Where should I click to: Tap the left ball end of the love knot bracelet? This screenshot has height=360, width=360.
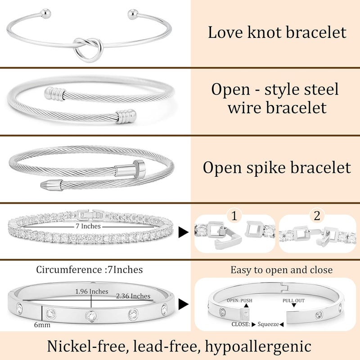point(45,13)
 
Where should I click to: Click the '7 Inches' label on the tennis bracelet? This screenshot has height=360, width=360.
point(88,226)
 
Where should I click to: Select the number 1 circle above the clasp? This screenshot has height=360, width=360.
point(234,216)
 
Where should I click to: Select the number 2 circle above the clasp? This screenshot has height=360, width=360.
point(317,216)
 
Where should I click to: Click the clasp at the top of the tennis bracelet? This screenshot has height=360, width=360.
point(91,215)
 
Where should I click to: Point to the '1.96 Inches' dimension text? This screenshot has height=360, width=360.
point(92,291)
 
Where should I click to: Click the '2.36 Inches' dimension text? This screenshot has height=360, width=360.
point(133,296)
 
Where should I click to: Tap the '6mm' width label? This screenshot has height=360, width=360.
point(42,325)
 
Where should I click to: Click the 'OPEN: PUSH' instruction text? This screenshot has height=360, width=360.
point(239,301)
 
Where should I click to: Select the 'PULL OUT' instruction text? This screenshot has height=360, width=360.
point(293,301)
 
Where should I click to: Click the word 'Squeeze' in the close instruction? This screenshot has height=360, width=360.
point(268,324)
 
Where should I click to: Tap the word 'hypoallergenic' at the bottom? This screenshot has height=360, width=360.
point(258,346)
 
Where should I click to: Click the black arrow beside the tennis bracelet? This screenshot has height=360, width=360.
point(184,232)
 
